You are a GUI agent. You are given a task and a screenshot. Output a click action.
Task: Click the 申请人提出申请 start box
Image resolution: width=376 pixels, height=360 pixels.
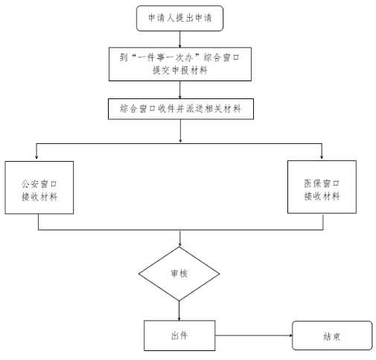(179, 19)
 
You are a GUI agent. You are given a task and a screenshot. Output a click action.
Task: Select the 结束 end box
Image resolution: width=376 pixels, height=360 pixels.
(332, 335)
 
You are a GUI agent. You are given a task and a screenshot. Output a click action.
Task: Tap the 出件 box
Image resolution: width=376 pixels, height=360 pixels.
(179, 335)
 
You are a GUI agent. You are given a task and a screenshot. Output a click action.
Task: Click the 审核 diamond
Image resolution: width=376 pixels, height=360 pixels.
(179, 274)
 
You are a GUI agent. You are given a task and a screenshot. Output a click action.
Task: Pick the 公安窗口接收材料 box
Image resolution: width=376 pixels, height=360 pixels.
(39, 188)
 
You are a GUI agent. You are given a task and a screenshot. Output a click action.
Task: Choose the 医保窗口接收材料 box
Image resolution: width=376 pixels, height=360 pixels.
(322, 187)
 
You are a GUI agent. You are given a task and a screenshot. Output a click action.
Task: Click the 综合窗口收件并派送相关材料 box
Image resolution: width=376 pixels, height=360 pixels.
(181, 109)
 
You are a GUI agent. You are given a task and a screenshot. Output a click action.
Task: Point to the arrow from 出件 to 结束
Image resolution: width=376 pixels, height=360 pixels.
(254, 335)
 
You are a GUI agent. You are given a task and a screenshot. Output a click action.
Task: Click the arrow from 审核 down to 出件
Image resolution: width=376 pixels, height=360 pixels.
(179, 311)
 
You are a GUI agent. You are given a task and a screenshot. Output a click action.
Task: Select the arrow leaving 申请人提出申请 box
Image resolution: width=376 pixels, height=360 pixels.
(179, 40)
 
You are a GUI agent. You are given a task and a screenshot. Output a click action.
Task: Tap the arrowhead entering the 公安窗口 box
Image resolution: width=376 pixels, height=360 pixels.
(36, 157)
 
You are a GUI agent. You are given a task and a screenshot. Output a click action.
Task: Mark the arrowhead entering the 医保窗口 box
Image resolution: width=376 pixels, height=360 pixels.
(322, 157)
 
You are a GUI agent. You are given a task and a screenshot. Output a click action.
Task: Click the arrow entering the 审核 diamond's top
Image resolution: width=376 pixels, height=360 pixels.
(179, 239)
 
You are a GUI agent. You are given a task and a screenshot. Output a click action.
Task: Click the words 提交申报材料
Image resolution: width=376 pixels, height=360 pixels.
(180, 71)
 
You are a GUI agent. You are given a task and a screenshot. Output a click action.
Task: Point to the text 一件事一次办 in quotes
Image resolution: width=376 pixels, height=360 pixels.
(165, 58)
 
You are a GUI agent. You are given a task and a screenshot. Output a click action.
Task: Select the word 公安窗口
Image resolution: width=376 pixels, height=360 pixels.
(39, 184)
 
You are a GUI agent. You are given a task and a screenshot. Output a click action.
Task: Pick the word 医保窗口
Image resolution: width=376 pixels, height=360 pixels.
(322, 183)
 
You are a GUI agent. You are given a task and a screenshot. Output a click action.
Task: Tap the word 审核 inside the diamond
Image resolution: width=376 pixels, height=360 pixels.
(179, 274)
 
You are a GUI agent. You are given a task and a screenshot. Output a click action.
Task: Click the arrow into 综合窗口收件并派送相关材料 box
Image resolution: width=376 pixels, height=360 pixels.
(179, 90)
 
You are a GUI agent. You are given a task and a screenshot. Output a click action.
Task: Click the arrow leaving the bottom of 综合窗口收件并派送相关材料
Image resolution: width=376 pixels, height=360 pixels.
(180, 131)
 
